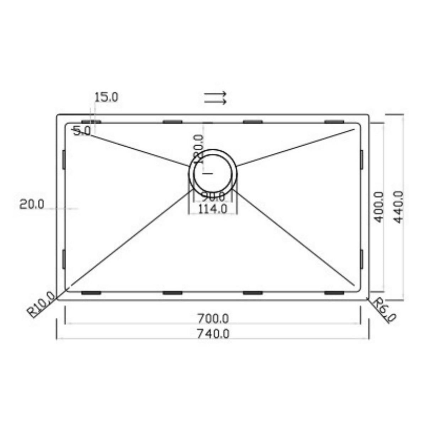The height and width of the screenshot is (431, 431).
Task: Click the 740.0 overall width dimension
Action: tap(213, 334)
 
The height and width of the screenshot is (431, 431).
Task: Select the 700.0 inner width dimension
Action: tap(213, 319)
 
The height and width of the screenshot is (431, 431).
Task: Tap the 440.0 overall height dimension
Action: tap(399, 207)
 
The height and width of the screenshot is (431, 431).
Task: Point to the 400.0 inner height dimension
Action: tap(379, 207)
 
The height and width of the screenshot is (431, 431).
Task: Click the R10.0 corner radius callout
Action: tap(42, 305)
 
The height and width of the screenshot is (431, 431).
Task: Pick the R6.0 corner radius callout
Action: tap(384, 310)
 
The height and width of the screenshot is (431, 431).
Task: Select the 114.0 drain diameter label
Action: tap(212, 209)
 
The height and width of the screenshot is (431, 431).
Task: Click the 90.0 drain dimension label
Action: tap(213, 196)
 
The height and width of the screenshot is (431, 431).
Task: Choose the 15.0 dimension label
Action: tap(106, 97)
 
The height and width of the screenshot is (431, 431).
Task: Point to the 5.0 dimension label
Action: tap(82, 131)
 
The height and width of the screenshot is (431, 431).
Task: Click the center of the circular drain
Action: tap(212, 173)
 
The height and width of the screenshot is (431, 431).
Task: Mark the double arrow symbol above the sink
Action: tap(215, 98)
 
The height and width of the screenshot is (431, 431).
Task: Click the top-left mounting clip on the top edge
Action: tap(91, 122)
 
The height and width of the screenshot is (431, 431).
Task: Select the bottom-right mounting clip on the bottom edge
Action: tap(334, 293)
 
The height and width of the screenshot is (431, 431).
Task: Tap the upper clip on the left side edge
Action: tap(64, 159)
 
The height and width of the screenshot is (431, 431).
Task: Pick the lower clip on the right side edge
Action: tap(361, 259)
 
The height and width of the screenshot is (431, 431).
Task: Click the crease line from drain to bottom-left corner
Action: tap(131, 238)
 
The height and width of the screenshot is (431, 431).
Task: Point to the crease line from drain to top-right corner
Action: tap(295, 147)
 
